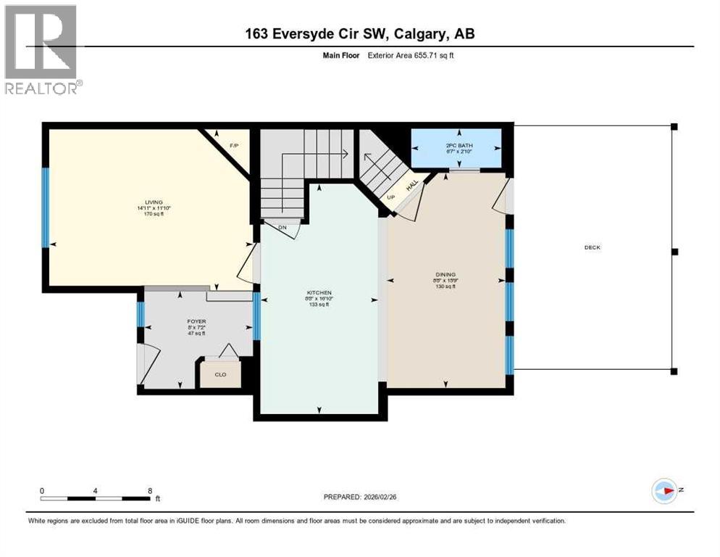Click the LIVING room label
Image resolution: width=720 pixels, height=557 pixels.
pos(153,202)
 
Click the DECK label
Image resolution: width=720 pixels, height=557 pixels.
pos(593,247)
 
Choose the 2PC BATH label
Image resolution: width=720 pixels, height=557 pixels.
pos(459,146)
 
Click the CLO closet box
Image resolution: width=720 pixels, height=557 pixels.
pos(219,374)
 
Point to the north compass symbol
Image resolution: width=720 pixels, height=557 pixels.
pos(665,491)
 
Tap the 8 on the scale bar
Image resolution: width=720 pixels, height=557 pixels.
pos(150,490)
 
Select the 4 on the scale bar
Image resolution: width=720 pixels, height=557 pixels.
pos(96,490)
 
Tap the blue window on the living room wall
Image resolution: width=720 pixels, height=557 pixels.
pos(46,207)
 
